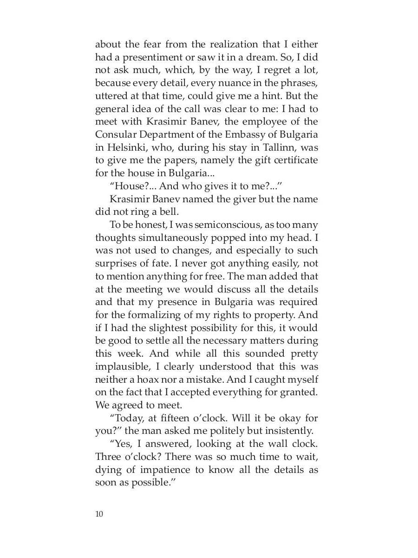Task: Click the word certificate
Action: point(293,160)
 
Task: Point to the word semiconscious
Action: point(223,225)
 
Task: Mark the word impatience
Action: point(159,469)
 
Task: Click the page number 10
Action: point(98,514)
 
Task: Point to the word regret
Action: point(264,71)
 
